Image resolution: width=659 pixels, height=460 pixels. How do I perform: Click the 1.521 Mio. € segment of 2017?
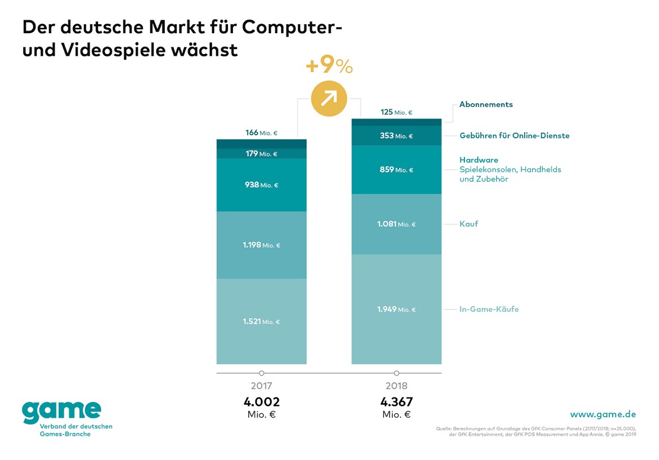point(262,321)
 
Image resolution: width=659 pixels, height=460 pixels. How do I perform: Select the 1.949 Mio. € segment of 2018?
point(397,309)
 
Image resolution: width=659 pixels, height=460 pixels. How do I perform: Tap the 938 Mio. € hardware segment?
point(262,185)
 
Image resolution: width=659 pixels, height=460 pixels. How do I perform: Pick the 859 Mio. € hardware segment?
point(397,170)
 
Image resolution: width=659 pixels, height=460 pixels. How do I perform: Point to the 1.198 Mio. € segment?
point(262,245)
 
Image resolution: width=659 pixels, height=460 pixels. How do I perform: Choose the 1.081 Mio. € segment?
point(397,224)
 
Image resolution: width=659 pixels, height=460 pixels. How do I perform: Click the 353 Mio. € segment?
point(397,136)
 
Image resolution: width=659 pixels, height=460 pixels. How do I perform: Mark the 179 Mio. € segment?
point(262,154)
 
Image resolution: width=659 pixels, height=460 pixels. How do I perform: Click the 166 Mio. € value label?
point(261,133)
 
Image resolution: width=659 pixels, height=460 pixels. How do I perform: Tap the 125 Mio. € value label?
point(396,112)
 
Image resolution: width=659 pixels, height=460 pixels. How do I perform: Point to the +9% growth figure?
point(329,67)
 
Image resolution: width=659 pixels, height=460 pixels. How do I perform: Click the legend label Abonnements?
point(486,104)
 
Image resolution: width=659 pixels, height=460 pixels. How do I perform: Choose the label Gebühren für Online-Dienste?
point(514,135)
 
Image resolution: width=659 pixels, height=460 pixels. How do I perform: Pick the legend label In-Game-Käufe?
point(489,309)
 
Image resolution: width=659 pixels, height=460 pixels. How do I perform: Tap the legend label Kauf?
point(468,224)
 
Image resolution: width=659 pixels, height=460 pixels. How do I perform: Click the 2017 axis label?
point(261,386)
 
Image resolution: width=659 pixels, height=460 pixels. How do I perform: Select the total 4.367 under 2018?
point(396,402)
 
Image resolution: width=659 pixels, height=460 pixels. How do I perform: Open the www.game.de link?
point(603,414)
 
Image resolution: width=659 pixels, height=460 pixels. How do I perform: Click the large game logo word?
point(61,412)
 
